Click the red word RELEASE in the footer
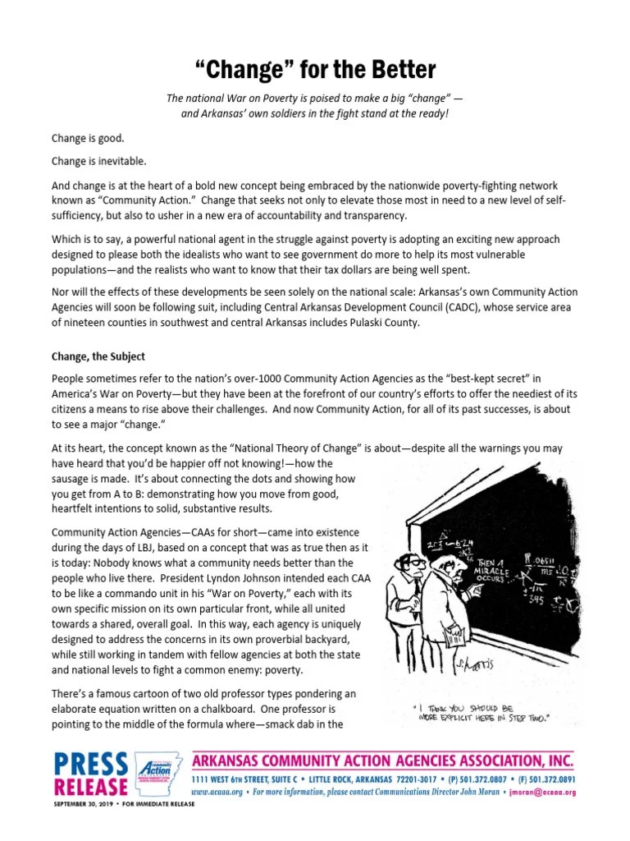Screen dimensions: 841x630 [90, 787]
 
